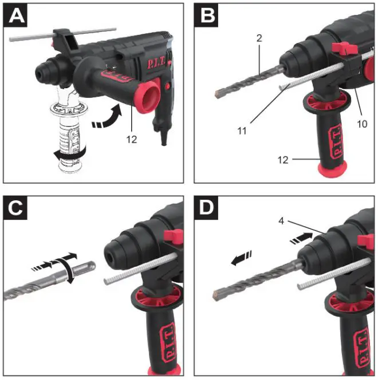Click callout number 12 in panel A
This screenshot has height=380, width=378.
132,139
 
